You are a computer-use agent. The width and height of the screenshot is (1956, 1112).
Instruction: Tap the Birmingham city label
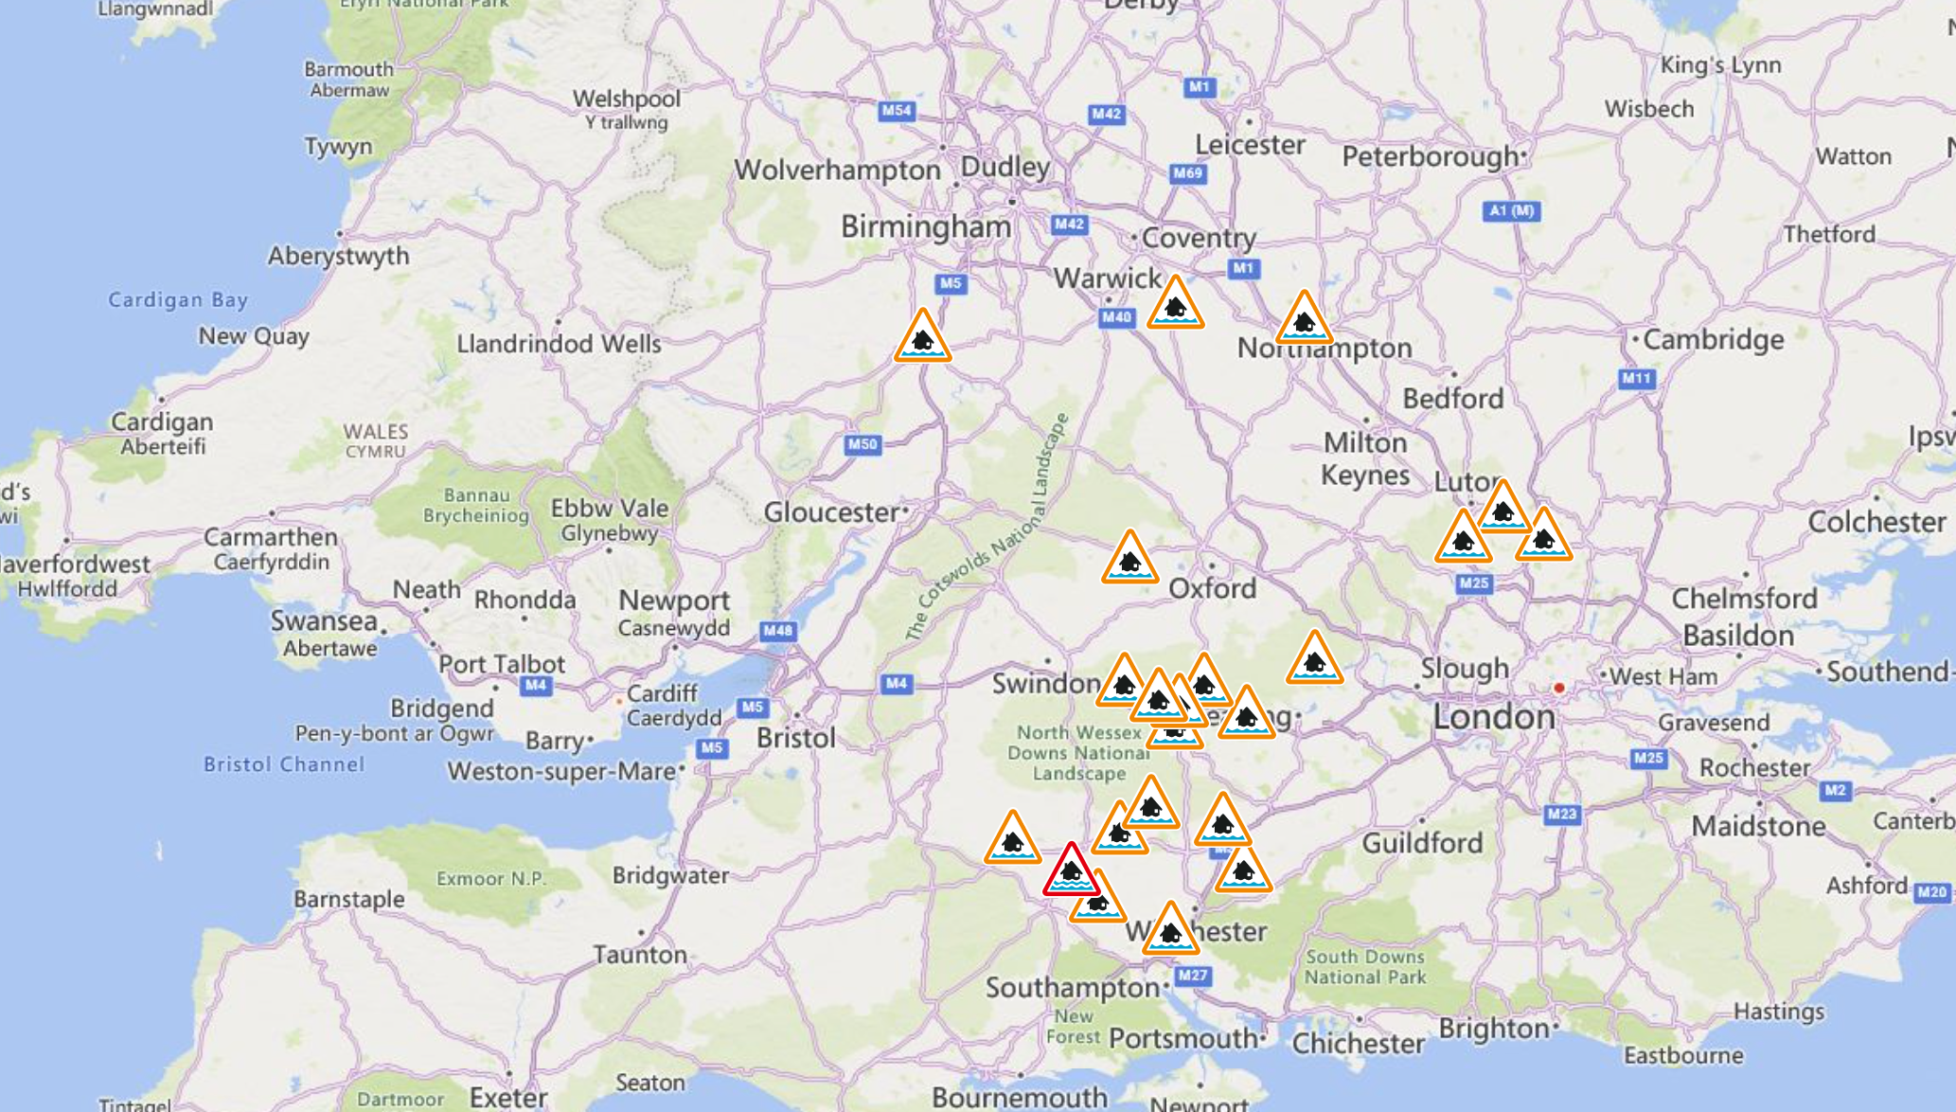tap(925, 227)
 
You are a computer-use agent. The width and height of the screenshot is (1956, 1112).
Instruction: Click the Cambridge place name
tap(1713, 340)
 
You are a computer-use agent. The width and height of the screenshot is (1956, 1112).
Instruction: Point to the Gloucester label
tap(831, 512)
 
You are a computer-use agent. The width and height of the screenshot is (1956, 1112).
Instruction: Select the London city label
tap(1493, 717)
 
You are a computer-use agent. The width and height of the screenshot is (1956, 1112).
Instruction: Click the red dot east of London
tap(1558, 688)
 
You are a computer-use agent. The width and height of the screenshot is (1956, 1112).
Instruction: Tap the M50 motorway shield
tap(862, 444)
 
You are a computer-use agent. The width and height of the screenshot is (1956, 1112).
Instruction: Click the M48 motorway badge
tap(777, 631)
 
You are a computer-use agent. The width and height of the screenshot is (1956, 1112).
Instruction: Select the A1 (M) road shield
tap(1511, 210)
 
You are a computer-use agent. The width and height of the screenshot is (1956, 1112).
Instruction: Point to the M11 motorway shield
tap(1636, 379)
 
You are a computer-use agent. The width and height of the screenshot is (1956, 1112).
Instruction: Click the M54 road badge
tap(896, 111)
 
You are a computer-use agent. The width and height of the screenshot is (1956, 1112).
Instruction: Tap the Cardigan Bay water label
tap(178, 300)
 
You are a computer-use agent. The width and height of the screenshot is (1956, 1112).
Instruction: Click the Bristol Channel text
tap(283, 764)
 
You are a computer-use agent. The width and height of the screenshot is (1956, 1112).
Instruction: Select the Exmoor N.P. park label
tap(490, 879)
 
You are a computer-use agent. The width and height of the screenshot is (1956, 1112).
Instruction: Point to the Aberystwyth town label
tap(338, 257)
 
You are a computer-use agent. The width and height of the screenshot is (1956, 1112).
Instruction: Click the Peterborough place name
tap(1430, 157)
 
